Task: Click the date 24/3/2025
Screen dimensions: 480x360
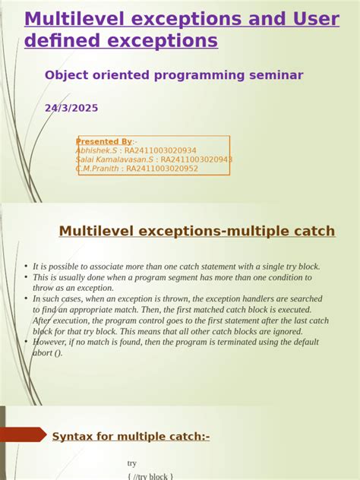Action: pyautogui.click(x=71, y=109)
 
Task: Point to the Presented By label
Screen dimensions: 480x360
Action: pyautogui.click(x=104, y=141)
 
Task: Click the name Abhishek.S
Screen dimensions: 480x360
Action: pyautogui.click(x=96, y=150)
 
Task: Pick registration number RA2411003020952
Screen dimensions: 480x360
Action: pyautogui.click(x=162, y=169)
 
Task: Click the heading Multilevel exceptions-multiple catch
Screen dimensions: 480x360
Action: pyautogui.click(x=197, y=231)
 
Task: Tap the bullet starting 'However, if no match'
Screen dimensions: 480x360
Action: pyautogui.click(x=175, y=342)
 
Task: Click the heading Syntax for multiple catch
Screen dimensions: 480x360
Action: pyautogui.click(x=131, y=436)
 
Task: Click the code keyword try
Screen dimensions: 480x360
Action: pyautogui.click(x=133, y=463)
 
